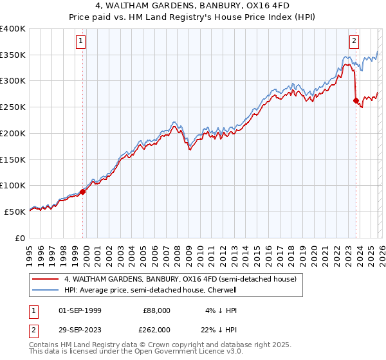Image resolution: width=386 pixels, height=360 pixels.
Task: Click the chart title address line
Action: point(193,6)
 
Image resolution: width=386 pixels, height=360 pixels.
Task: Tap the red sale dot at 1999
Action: point(83,192)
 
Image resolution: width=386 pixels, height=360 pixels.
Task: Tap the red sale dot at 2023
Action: point(356,100)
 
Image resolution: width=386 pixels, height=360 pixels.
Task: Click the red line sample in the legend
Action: point(46,280)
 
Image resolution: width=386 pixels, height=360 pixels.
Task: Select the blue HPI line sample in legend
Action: point(46,291)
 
